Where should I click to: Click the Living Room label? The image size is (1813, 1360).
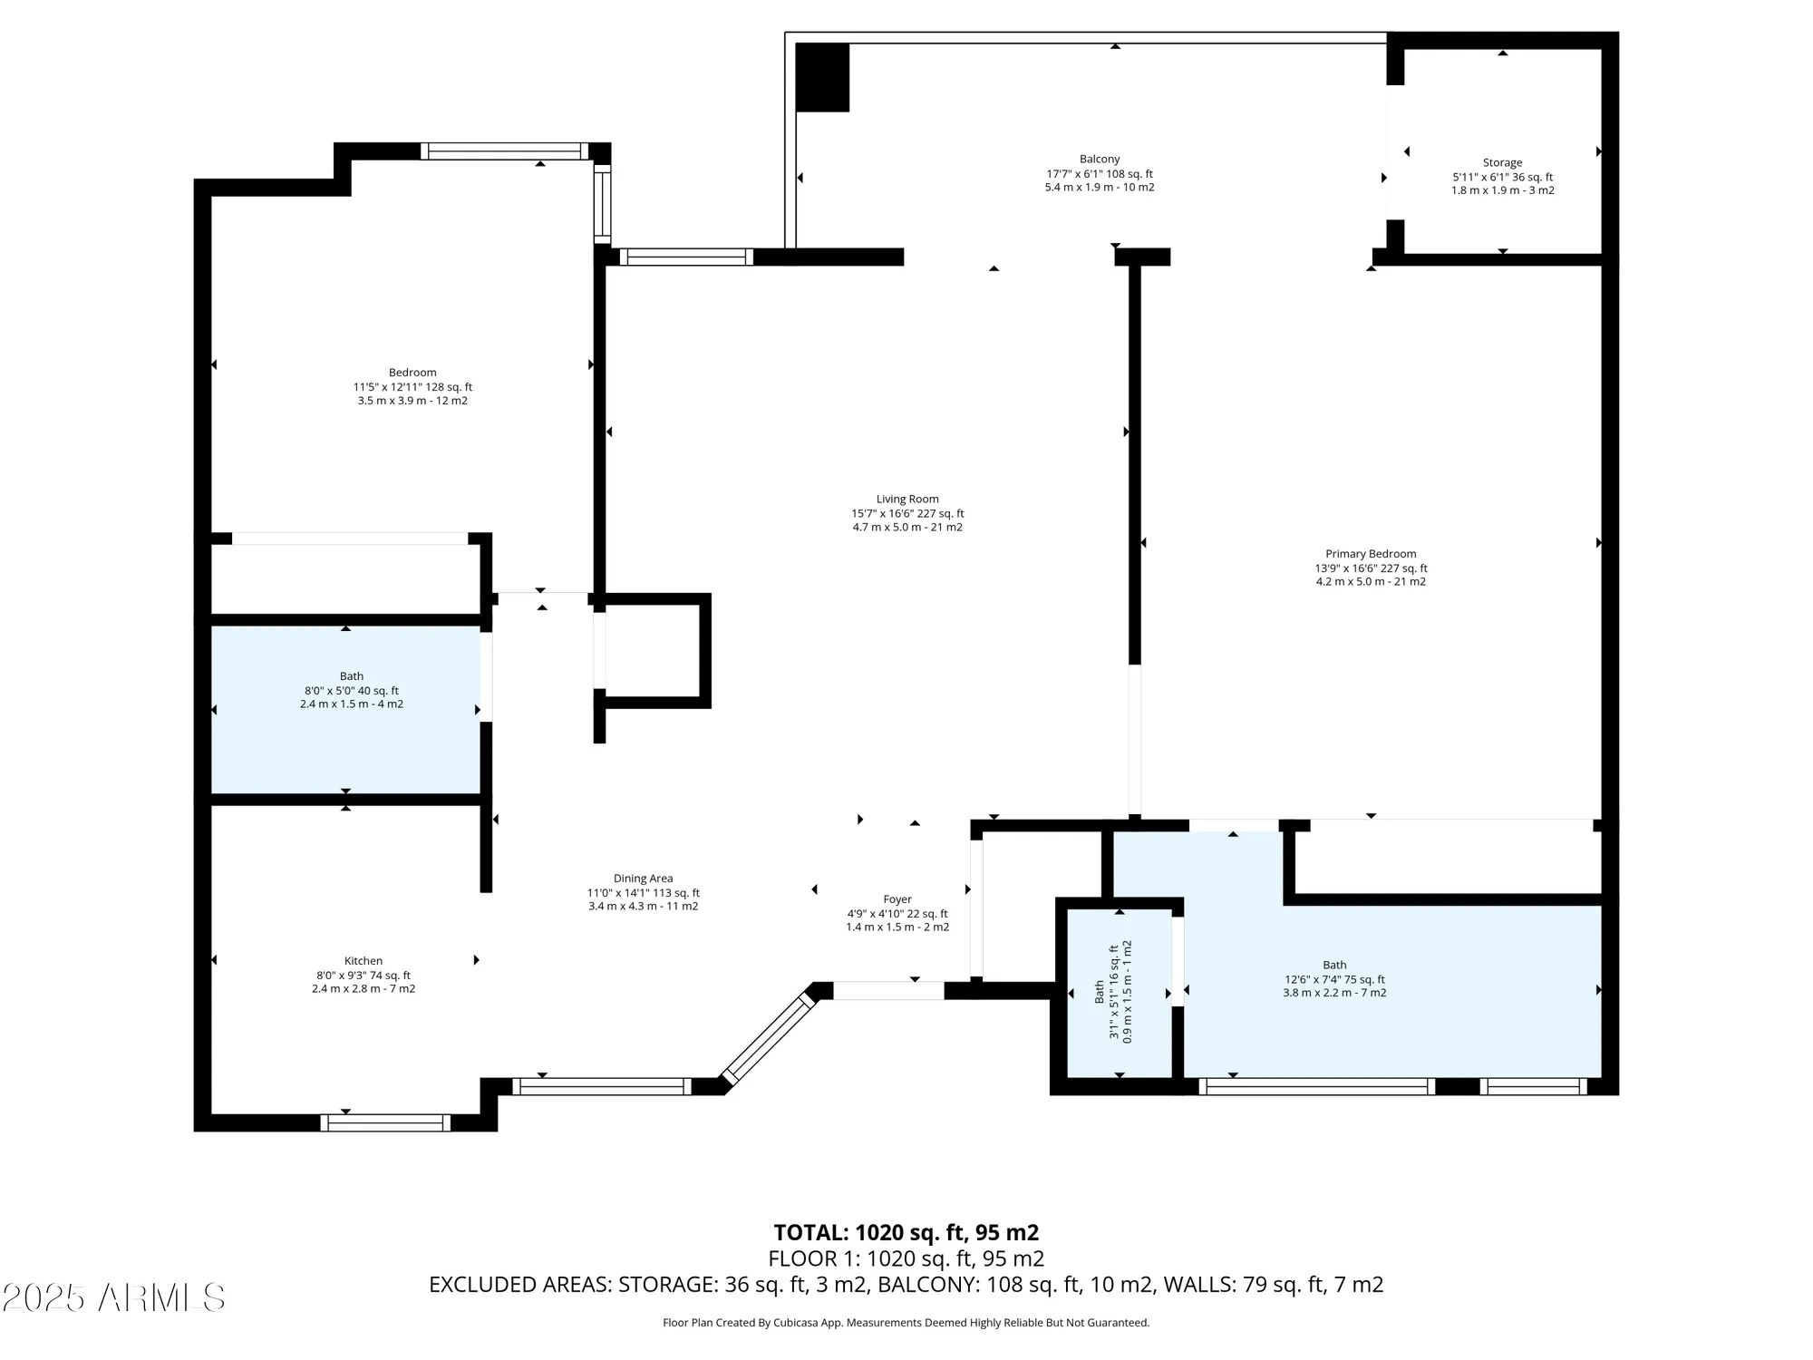click(x=907, y=499)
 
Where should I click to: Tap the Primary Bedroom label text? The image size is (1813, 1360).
click(x=1371, y=554)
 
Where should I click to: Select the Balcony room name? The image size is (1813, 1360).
click(x=1100, y=159)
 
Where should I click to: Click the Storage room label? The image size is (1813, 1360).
click(x=1502, y=163)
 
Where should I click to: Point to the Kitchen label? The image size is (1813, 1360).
click(x=364, y=961)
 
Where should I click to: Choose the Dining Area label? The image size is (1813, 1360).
click(x=643, y=879)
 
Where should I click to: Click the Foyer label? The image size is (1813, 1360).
click(x=897, y=899)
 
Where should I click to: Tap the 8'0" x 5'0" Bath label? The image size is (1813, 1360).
click(x=352, y=676)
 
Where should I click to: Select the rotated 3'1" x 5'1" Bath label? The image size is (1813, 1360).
click(x=1100, y=991)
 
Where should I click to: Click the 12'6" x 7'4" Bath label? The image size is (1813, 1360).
click(x=1334, y=966)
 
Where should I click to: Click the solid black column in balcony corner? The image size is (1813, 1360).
click(x=822, y=78)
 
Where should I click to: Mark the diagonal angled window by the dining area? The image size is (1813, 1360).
click(x=768, y=1037)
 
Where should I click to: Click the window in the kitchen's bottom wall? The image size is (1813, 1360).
click(x=385, y=1122)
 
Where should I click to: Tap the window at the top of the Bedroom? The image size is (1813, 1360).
click(x=505, y=151)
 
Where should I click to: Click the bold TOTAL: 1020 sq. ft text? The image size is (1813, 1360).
click(x=906, y=1233)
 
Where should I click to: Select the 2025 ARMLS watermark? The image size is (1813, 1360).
click(x=113, y=1297)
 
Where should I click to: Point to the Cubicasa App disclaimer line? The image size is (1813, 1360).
click(x=906, y=1323)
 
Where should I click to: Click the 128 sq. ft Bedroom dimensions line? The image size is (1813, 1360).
click(x=412, y=387)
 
